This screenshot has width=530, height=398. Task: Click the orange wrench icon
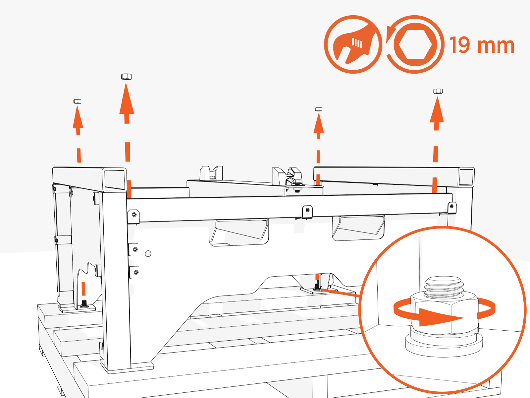tap(353, 44)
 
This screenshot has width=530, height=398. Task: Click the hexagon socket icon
tap(415, 44)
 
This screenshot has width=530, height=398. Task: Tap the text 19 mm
tap(482, 45)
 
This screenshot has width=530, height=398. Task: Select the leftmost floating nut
tap(77, 101)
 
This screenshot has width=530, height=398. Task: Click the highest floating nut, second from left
tap(127, 77)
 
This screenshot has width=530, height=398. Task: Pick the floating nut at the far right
tap(438, 91)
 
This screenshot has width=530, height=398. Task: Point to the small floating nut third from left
tap(319, 109)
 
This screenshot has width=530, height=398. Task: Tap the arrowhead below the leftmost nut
tap(78, 118)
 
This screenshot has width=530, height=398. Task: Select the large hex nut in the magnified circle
tap(444, 313)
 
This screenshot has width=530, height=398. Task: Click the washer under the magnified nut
tap(444, 345)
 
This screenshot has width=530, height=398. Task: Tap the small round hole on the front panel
tap(148, 254)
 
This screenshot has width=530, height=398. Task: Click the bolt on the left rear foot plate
tap(84, 303)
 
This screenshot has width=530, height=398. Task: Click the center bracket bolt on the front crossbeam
tap(307, 210)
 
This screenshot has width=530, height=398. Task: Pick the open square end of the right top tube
tap(466, 177)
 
